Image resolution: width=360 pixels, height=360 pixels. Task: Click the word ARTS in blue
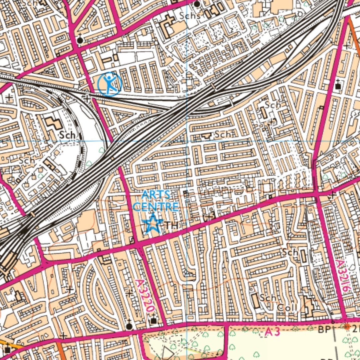pyautogui.click(x=155, y=195)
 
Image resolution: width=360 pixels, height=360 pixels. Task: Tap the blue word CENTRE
pyautogui.click(x=155, y=206)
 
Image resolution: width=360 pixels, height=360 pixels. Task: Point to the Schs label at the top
pyautogui.click(x=190, y=15)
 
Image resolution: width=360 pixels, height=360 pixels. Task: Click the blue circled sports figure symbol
pyautogui.click(x=110, y=84)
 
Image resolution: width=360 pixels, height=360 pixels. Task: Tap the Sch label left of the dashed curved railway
pyautogui.click(x=67, y=135)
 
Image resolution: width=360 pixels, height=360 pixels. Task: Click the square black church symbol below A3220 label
pyautogui.click(x=153, y=321)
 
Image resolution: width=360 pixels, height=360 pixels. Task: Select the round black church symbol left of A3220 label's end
pyautogui.click(x=129, y=326)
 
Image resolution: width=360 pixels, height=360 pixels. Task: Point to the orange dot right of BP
pyautogui.click(x=347, y=327)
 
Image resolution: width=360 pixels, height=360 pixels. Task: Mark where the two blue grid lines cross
pyautogui.click(x=187, y=141)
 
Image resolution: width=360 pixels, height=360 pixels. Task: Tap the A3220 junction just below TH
pyautogui.click(x=139, y=244)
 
